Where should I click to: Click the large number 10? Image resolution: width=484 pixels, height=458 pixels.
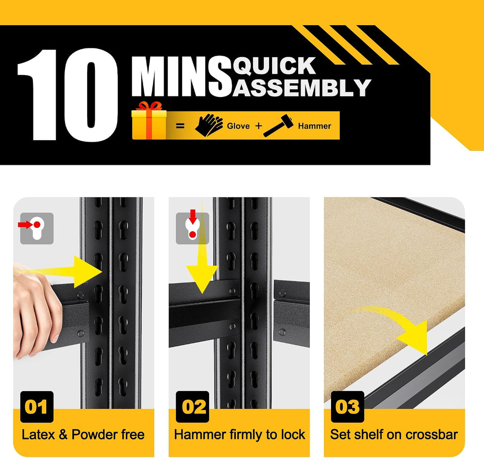click(68, 95)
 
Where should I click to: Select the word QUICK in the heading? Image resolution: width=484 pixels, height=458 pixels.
click(274, 66)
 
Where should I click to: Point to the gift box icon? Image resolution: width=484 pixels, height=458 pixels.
click(149, 121)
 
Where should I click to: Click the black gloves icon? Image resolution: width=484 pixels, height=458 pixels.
click(209, 125)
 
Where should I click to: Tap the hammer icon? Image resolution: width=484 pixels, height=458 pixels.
click(278, 126)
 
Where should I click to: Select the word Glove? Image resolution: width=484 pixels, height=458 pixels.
click(238, 126)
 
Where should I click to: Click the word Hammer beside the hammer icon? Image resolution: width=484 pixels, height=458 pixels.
click(315, 126)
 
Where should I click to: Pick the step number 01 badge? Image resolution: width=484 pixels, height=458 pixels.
click(37, 407)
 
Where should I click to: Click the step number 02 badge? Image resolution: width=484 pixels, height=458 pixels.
click(193, 407)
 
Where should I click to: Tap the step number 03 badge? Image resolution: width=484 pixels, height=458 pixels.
click(348, 407)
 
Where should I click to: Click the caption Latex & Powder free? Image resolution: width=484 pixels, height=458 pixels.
click(83, 435)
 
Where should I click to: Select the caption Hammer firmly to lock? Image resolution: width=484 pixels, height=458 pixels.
click(240, 435)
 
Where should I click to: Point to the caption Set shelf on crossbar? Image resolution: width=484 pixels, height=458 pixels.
click(394, 435)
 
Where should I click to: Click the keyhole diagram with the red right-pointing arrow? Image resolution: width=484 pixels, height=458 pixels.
click(37, 228)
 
